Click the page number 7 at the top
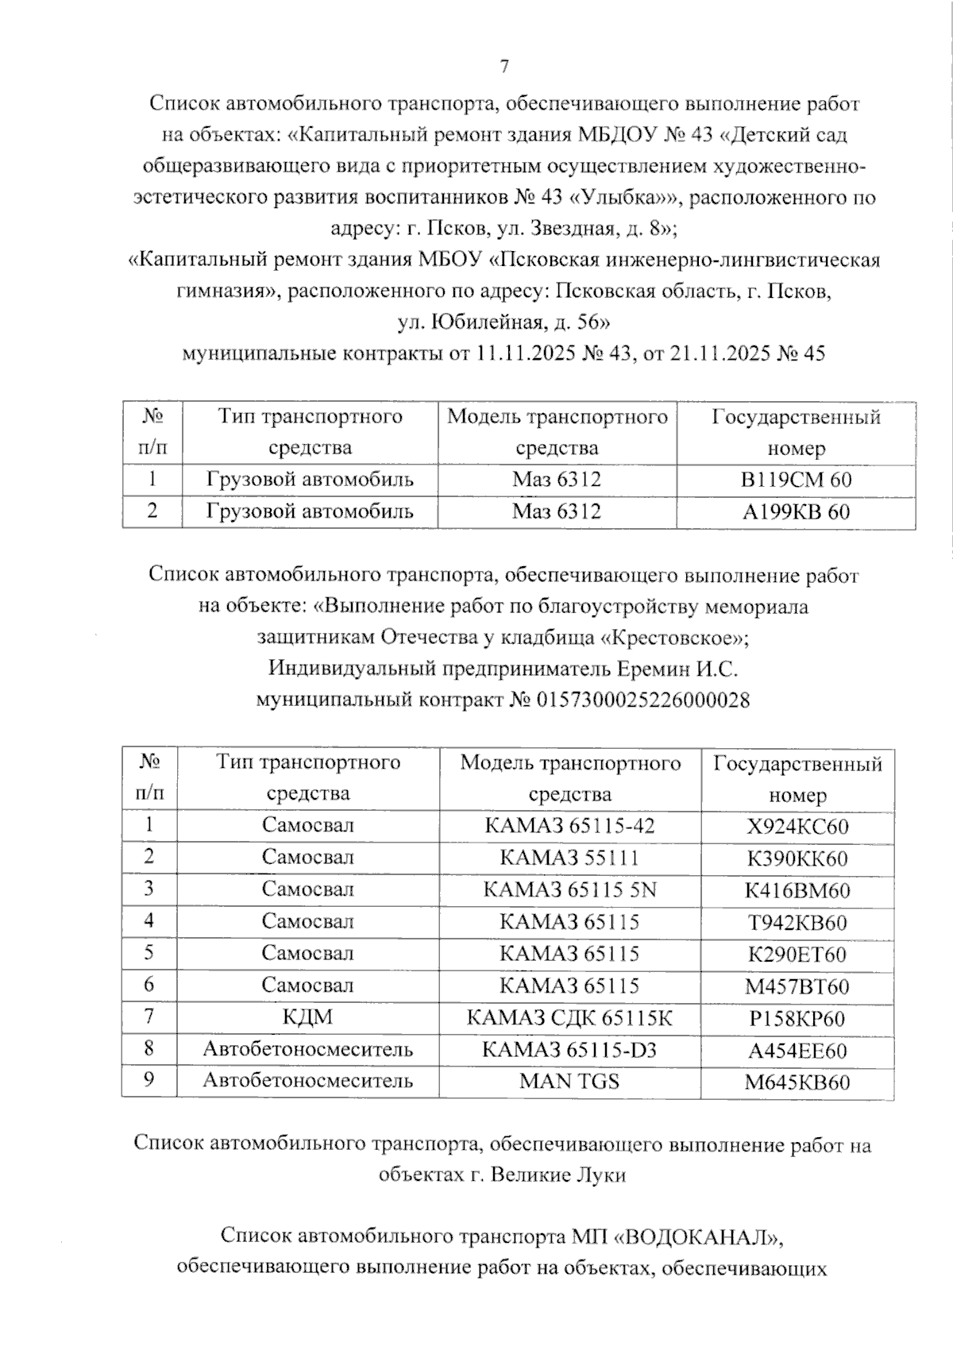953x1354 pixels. [x=504, y=68]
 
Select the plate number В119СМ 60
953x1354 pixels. [x=796, y=480]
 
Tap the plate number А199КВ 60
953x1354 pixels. [x=796, y=512]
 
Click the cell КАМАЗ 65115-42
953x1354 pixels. [x=569, y=826]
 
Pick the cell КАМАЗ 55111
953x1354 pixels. [x=569, y=858]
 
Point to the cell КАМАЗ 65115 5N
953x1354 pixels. [x=569, y=890]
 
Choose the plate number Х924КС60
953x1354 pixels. [x=797, y=827]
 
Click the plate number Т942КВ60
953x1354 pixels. [x=797, y=923]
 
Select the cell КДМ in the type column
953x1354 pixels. [x=307, y=1018]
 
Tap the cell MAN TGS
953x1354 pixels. [x=569, y=1081]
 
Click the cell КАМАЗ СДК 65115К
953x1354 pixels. [x=569, y=1018]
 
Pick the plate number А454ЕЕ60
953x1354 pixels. [x=797, y=1051]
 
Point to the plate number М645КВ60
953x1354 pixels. [x=797, y=1083]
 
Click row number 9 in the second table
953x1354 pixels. [x=149, y=1080]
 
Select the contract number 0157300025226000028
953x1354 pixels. [x=643, y=700]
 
